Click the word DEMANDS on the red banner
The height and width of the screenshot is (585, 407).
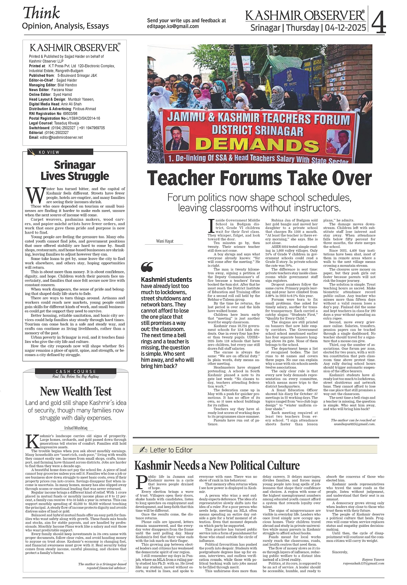(x=257, y=144)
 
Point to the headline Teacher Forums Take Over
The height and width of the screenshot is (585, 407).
(x=259, y=178)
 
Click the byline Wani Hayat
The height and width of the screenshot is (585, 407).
(x=165, y=241)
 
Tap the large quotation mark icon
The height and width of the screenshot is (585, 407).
(x=147, y=267)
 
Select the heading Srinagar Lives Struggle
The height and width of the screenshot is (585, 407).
(x=75, y=170)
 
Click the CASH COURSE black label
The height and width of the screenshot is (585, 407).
(x=76, y=371)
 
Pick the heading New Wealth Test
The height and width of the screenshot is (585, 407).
(x=76, y=391)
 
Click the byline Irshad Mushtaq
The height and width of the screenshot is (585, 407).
(x=76, y=428)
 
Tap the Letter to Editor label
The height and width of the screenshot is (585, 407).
(x=171, y=450)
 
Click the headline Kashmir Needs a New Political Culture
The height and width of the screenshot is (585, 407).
(x=217, y=465)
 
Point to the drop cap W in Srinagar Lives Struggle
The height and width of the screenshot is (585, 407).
(x=35, y=195)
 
